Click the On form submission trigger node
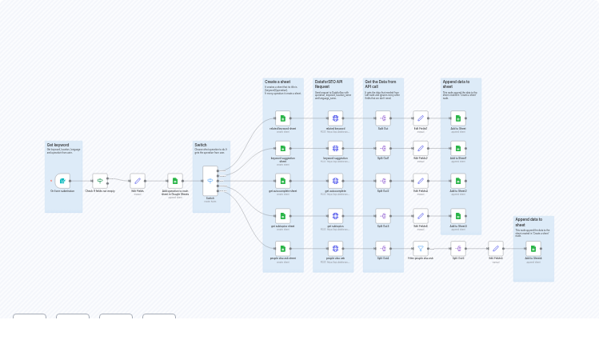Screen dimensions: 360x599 coord(62,181)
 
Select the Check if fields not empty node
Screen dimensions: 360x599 coord(100,181)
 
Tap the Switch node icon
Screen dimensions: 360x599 coord(210,181)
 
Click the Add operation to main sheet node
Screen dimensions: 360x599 coord(175,181)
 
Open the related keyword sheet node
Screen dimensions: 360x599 coord(282,118)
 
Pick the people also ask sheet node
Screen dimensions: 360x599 coord(282,249)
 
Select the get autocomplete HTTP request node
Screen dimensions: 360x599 coord(335,181)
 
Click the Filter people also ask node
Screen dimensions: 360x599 coord(421,249)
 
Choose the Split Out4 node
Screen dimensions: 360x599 coord(458,249)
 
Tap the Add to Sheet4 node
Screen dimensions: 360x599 coord(533,249)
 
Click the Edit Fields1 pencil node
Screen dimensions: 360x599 coord(421,118)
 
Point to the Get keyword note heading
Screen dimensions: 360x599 coord(58,145)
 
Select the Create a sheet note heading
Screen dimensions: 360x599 coord(278,82)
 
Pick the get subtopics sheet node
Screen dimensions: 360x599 coord(282,216)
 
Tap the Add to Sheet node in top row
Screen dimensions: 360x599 coord(458,118)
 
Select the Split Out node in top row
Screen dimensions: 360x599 coord(383,118)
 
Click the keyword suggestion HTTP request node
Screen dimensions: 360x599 coord(335,149)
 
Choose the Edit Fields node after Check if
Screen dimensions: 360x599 coord(138,181)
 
